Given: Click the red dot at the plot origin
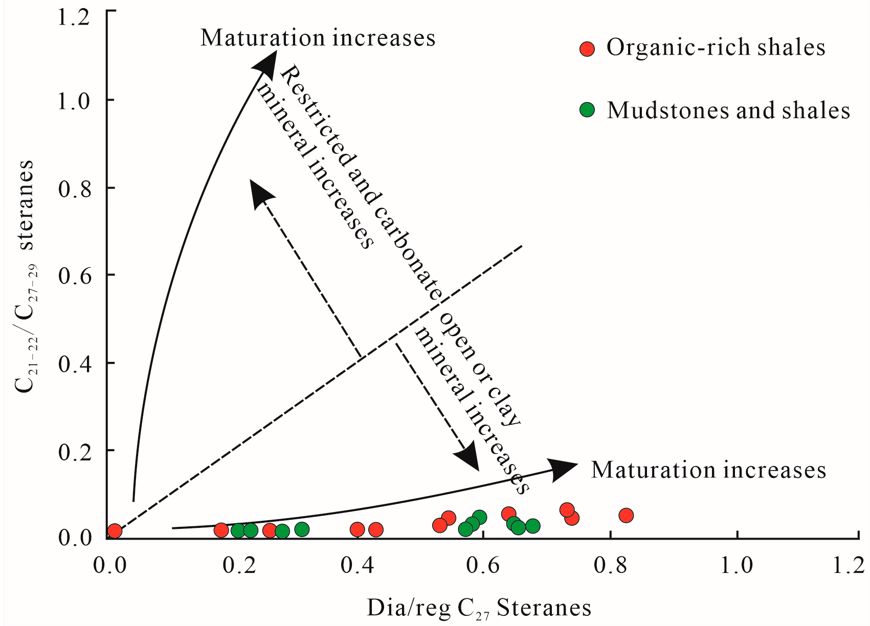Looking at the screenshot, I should (x=115, y=531).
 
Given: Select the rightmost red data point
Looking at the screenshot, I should (x=626, y=515).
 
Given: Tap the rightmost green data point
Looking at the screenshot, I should (x=533, y=526).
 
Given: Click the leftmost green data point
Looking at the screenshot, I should (x=238, y=530).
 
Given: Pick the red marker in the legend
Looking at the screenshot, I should (x=587, y=49).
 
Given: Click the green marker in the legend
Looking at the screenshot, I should (x=588, y=110).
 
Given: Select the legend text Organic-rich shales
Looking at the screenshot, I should (x=716, y=48).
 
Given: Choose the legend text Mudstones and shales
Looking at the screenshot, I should (x=728, y=110).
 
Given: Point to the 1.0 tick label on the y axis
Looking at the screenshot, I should (x=73, y=101).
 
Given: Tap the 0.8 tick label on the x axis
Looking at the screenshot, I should (x=610, y=566).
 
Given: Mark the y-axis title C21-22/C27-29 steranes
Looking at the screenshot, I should (x=26, y=276).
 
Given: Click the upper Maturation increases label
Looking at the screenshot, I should (x=318, y=38).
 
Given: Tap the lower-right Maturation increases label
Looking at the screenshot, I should (x=708, y=470).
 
